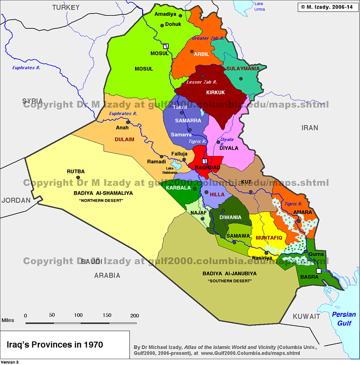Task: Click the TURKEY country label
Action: tap(65, 7)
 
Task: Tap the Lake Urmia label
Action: tap(260, 6)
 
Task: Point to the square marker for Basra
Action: tap(319, 272)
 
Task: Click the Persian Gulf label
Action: tap(344, 318)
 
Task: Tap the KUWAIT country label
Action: tap(306, 316)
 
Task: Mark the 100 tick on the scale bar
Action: tap(78, 316)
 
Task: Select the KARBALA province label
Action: tap(178, 187)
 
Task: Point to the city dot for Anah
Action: tap(128, 122)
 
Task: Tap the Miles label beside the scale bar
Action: tap(9, 320)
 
